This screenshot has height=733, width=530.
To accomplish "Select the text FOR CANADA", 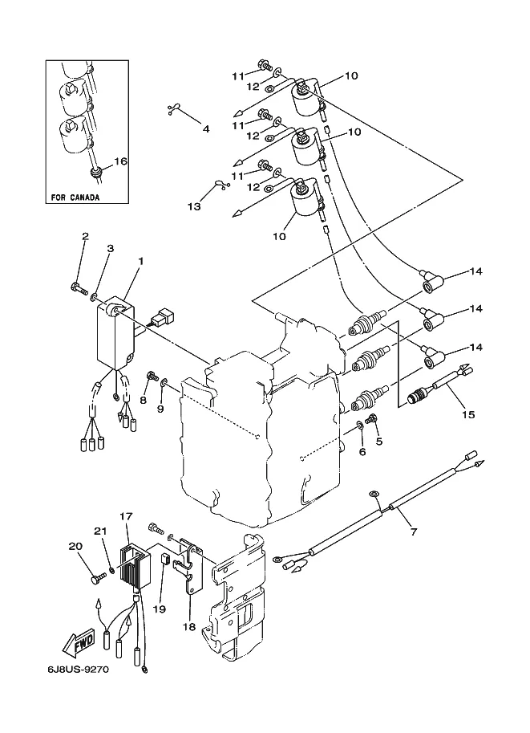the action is (75, 198).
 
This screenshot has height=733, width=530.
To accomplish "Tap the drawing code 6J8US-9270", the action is (78, 670).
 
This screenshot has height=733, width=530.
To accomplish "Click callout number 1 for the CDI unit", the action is (140, 261).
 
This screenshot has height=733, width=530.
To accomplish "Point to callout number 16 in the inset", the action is (120, 161).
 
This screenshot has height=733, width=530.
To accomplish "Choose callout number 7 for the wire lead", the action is (414, 531).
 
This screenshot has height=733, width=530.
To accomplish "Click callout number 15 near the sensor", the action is (468, 414).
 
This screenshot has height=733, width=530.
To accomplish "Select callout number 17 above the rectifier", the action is (126, 516).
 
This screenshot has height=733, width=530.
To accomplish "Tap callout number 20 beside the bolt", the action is (76, 546).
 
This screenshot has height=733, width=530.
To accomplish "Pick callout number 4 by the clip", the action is (205, 128).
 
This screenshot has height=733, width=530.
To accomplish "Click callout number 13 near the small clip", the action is (194, 206).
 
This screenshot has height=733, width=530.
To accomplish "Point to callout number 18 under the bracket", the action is (189, 626).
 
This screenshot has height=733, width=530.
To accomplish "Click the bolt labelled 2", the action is (79, 291).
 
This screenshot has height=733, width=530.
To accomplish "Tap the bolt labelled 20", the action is (98, 579).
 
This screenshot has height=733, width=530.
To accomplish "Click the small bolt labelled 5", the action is (372, 419).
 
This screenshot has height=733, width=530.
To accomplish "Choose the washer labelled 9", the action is (164, 385).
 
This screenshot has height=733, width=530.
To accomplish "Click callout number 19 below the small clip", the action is (160, 609).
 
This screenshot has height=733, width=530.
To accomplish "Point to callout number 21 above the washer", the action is (100, 531).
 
